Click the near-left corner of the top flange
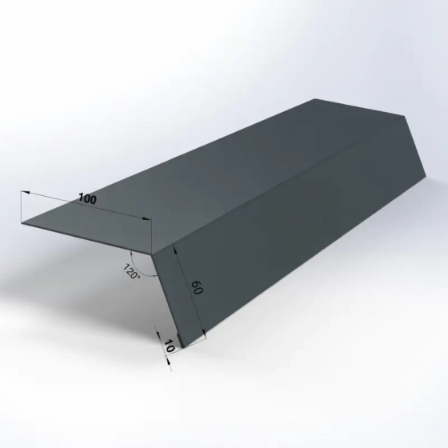pos(19,224)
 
